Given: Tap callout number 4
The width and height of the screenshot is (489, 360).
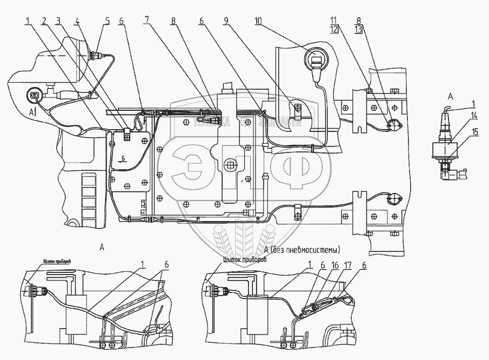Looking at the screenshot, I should tap(78, 22).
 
